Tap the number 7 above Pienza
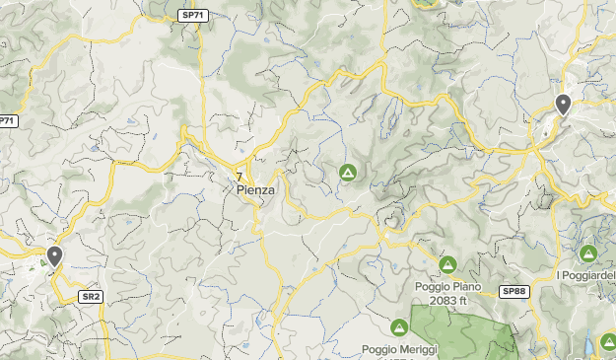point(240,177)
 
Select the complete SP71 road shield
point(193,15)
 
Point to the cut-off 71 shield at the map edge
point(7,121)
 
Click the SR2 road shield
point(91,296)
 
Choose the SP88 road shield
point(513,291)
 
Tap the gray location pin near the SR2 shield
point(54,256)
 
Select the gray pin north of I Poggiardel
point(563,104)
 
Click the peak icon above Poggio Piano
point(447,264)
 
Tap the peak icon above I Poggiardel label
point(588,253)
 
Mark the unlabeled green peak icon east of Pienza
point(347,173)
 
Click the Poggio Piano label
point(447,287)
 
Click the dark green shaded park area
point(463,330)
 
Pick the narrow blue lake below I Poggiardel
point(589,342)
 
